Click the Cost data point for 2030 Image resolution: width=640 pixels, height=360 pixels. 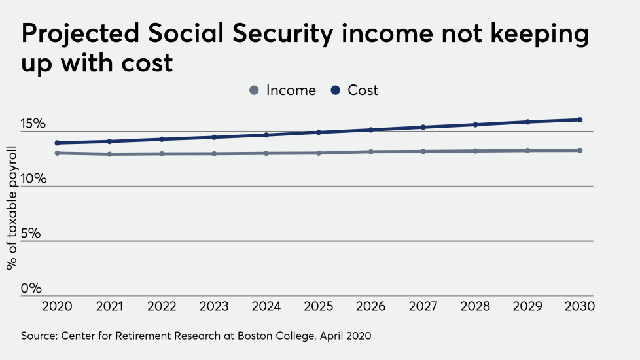pos(580,120)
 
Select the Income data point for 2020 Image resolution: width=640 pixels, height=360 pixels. pos(58,153)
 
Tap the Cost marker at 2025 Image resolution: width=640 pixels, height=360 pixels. pos(319,132)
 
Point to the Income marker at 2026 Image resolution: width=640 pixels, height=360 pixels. pos(371,152)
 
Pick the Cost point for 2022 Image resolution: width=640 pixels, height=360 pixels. pos(162,139)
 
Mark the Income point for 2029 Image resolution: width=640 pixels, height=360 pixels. pos(527,151)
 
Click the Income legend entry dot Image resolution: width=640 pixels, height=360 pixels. pos(255,90)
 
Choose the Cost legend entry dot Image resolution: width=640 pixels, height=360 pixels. pos(336,90)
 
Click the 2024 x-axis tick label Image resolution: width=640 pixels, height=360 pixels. pos(266,306)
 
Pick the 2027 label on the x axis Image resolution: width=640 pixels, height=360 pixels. pos(423,306)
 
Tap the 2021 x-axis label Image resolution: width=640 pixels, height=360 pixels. pos(110,306)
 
